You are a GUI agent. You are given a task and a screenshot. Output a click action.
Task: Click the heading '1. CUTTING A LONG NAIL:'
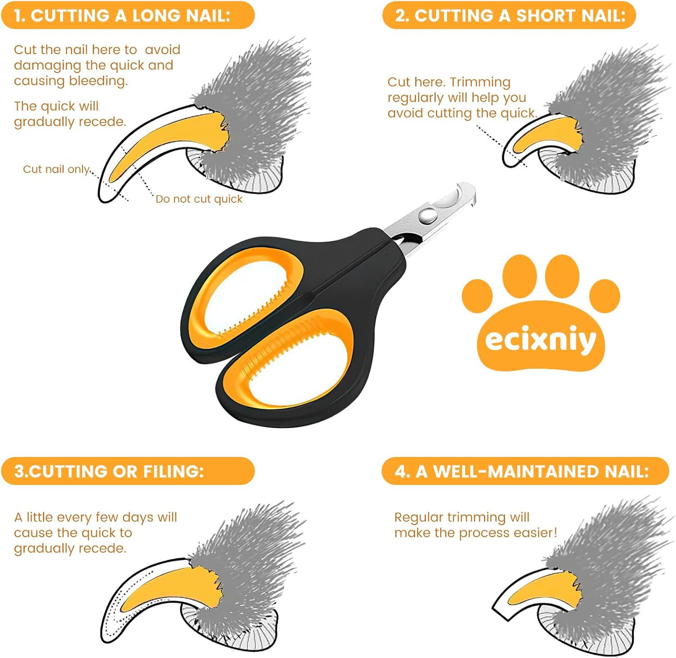click(x=122, y=16)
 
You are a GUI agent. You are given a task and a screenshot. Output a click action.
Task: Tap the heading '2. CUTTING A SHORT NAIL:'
click(x=510, y=16)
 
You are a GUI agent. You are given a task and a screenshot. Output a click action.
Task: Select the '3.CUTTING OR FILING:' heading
click(x=109, y=471)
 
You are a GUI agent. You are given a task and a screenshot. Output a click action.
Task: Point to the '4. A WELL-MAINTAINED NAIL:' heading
click(x=522, y=471)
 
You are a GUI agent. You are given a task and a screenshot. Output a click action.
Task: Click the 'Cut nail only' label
click(x=57, y=169)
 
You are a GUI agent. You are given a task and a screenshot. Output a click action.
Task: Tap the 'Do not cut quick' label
click(x=199, y=199)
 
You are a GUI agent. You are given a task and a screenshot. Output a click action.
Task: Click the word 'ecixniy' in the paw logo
click(x=540, y=340)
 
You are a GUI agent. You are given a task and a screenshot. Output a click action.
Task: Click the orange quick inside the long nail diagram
click(x=176, y=135)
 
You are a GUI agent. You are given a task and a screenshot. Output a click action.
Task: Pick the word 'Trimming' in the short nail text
click(x=480, y=82)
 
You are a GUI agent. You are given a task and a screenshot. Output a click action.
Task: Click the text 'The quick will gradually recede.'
click(x=70, y=114)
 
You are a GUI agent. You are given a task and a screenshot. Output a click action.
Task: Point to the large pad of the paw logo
click(x=540, y=338)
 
